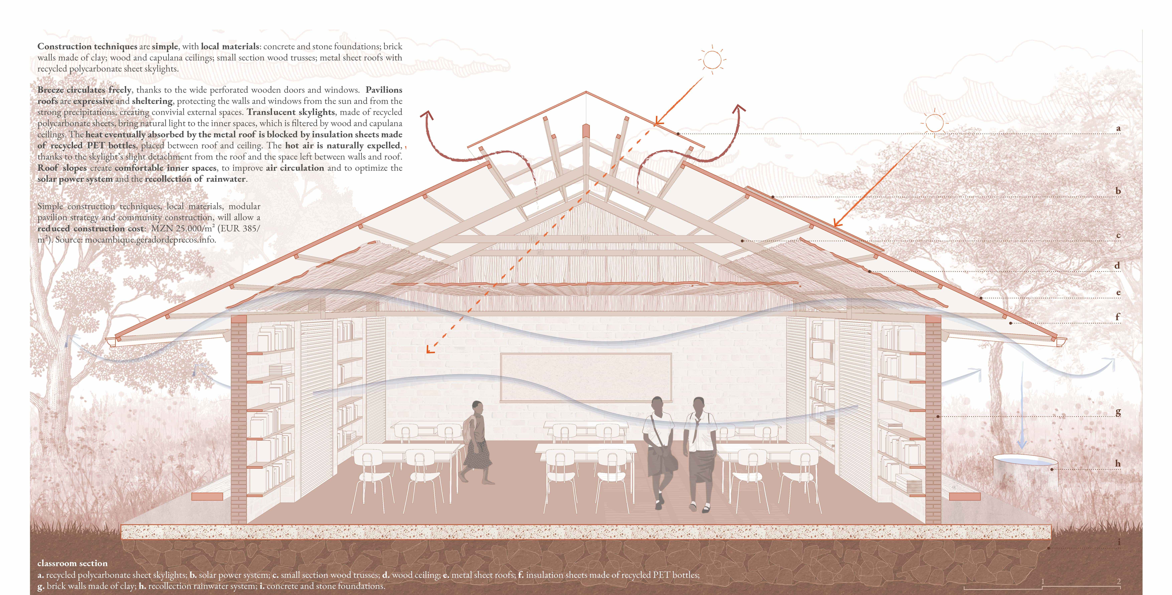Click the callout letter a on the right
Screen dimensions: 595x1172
(1118, 128)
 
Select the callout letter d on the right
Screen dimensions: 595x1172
(1117, 265)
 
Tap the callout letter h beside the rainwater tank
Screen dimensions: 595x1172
(1117, 463)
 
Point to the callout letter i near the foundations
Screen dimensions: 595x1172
(1119, 542)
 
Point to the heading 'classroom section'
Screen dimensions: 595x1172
(72, 563)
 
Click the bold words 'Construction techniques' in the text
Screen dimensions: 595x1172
(87, 46)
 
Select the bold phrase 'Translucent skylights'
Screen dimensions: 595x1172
(291, 112)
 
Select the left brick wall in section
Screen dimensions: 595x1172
(239, 418)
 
